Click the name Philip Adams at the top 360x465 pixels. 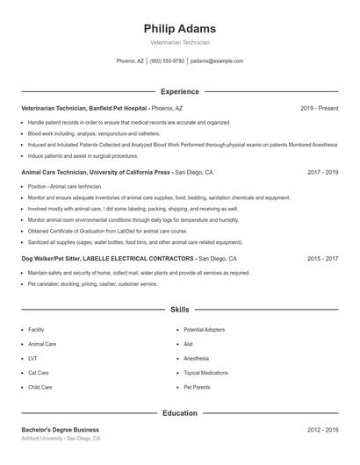click(179, 28)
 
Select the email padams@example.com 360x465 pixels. click(217, 61)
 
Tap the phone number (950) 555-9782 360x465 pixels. click(167, 61)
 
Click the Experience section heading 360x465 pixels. click(179, 91)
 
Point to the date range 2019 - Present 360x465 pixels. click(319, 108)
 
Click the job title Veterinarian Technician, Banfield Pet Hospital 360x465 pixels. click(83, 108)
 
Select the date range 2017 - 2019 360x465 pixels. click(322, 173)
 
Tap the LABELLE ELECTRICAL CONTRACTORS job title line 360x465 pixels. click(108, 259)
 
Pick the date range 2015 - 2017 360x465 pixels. click(322, 259)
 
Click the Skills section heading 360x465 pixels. click(179, 310)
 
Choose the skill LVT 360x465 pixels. click(32, 358)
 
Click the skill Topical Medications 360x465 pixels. click(206, 373)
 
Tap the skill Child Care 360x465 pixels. click(40, 387)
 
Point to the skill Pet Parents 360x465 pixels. click(198, 387)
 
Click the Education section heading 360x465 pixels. click(179, 412)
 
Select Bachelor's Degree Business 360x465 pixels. click(60, 430)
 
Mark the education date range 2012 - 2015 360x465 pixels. click(322, 430)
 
